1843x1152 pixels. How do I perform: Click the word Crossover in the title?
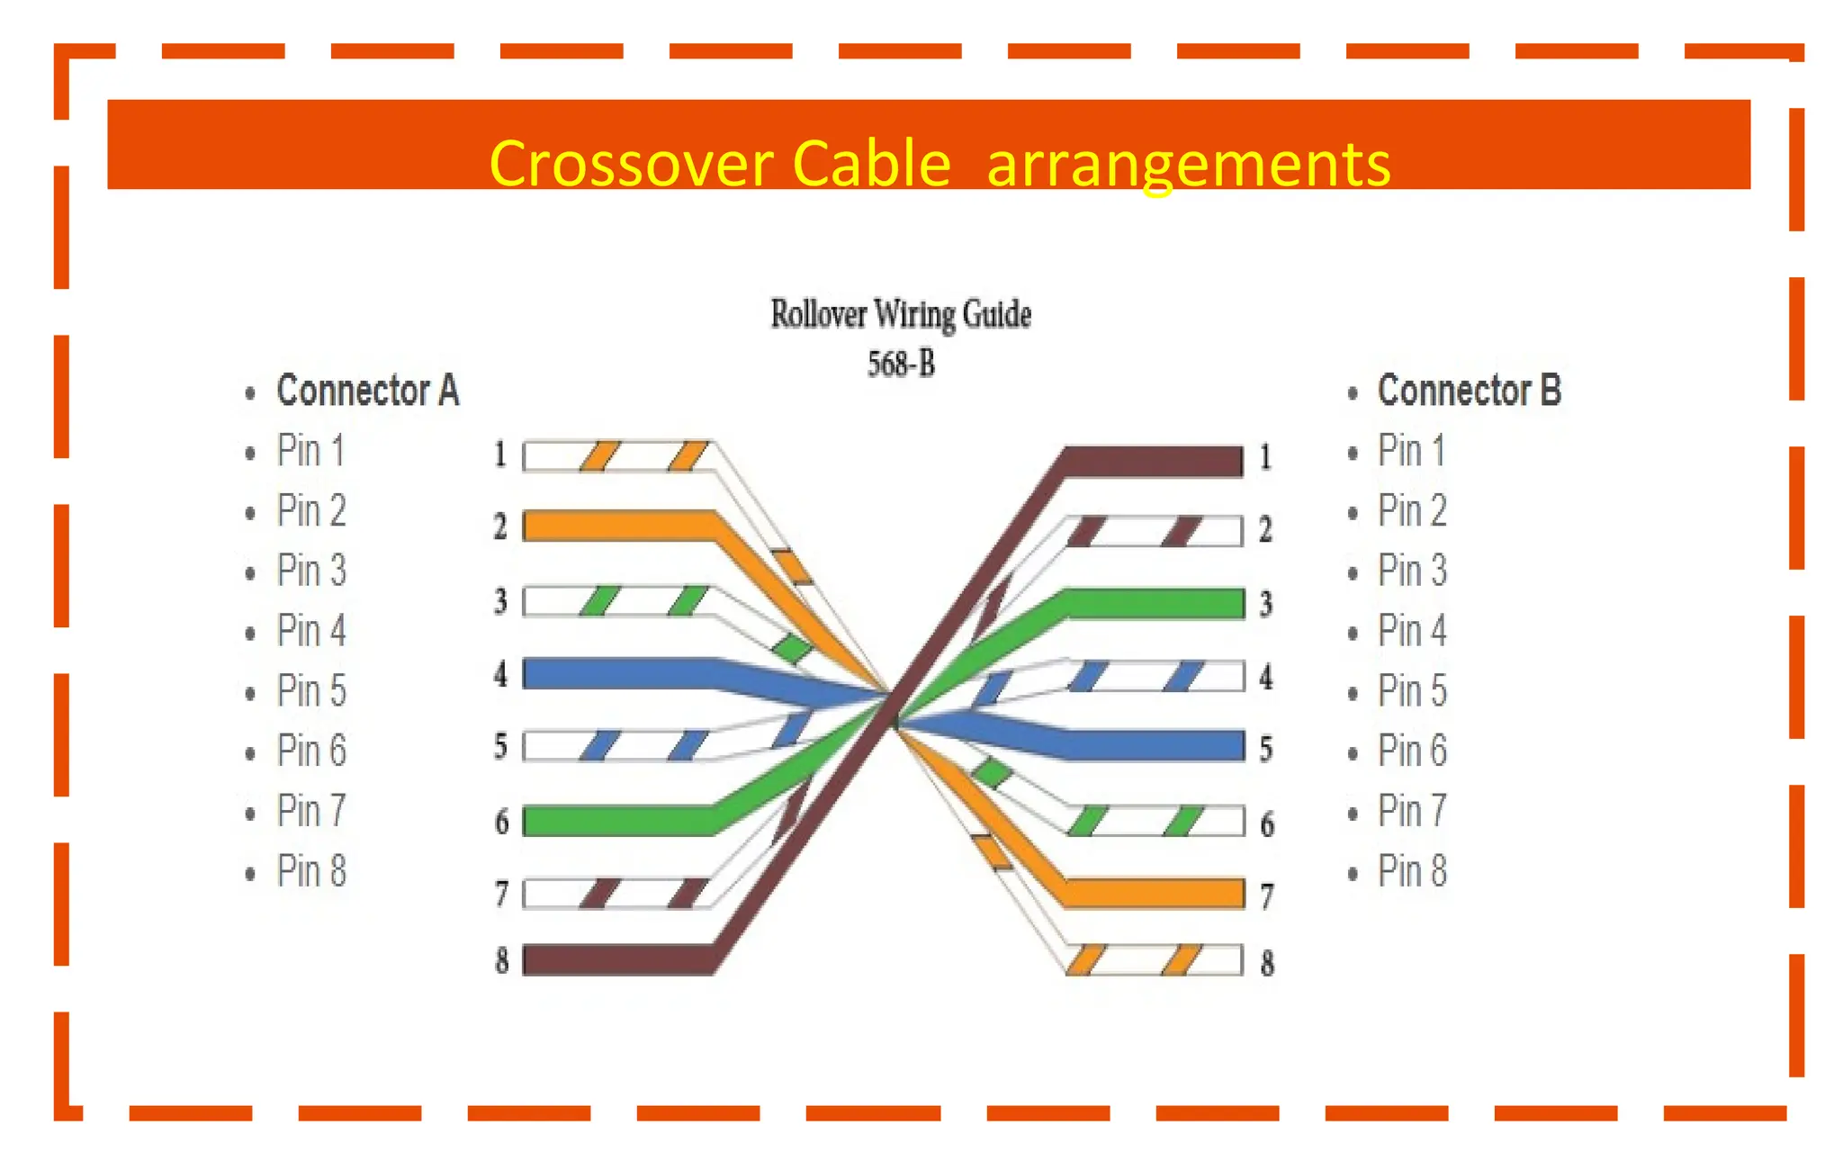(631, 164)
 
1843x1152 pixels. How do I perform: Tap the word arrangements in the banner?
(1188, 164)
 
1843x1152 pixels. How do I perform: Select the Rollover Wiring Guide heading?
(901, 314)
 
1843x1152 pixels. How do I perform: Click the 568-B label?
(901, 364)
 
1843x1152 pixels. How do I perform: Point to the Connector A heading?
(367, 391)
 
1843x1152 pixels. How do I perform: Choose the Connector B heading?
(1469, 391)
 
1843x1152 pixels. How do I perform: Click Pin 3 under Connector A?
(311, 571)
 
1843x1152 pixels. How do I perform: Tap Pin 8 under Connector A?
(311, 871)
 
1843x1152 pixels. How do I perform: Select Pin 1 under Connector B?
(1411, 450)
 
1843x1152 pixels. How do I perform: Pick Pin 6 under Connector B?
(1411, 751)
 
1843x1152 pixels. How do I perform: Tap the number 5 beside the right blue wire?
(1266, 749)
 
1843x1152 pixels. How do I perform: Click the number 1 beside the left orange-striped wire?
(500, 454)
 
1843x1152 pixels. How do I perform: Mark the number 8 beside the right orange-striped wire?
(1267, 963)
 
